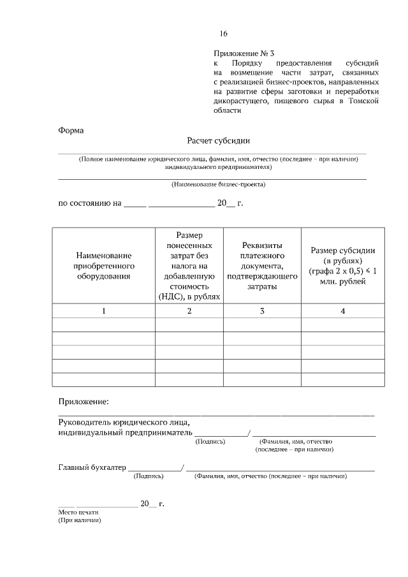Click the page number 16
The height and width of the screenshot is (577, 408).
tap(223, 34)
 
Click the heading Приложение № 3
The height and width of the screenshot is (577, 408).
tap(247, 54)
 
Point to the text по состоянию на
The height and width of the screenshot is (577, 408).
tap(89, 204)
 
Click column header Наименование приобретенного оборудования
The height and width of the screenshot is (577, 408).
tap(103, 266)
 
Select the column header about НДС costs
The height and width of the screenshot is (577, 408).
tap(189, 266)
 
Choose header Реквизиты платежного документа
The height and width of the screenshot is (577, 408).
tap(261, 266)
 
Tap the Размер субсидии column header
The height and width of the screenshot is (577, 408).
tap(343, 266)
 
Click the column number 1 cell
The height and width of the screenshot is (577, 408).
tap(103, 310)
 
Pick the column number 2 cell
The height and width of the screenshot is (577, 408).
tap(189, 310)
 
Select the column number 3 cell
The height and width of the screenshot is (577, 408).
tap(261, 310)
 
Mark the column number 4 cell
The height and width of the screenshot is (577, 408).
tap(343, 310)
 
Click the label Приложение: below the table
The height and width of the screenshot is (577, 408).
tap(84, 402)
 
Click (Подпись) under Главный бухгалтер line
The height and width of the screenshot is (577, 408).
tap(148, 476)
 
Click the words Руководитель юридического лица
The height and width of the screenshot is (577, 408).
tap(124, 423)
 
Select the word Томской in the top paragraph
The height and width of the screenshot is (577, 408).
tap(365, 101)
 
